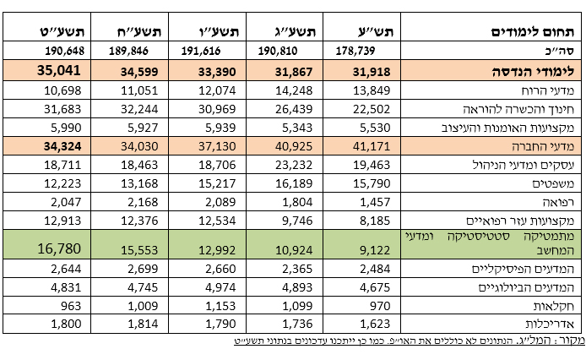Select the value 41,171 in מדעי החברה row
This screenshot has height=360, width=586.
coord(372,146)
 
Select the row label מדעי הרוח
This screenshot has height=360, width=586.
coord(549,90)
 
